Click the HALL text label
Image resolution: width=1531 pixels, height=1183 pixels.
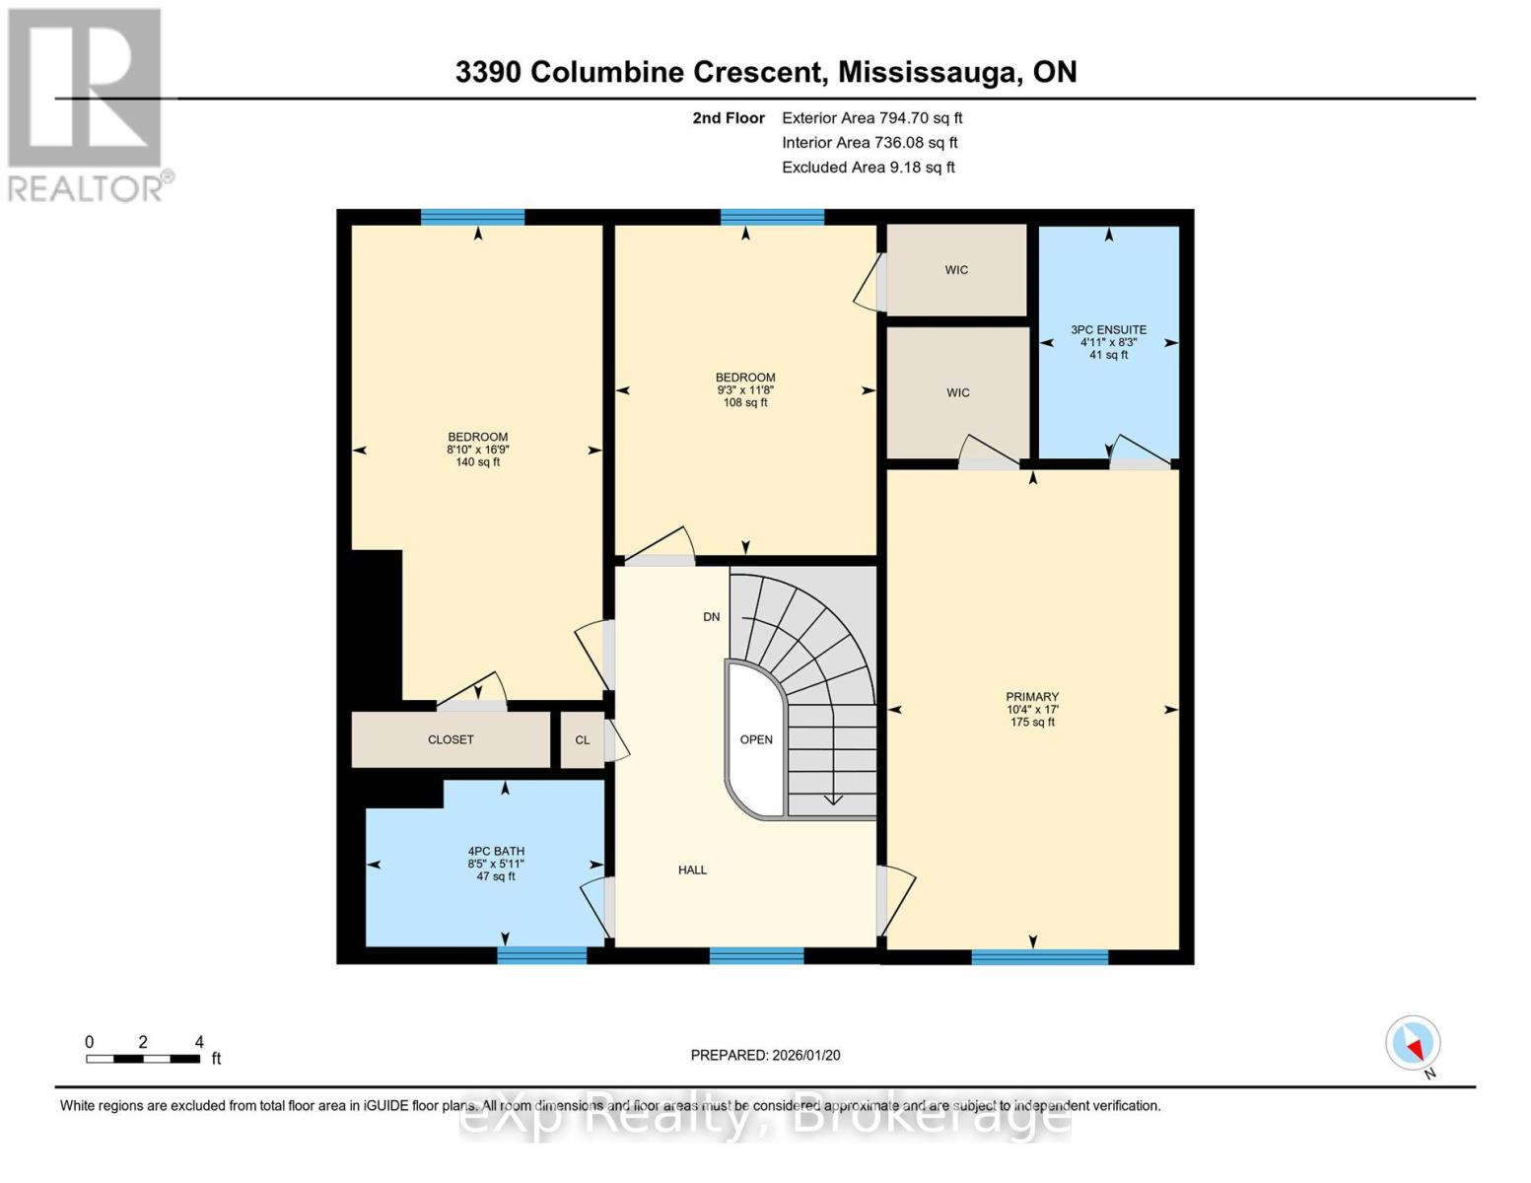[x=692, y=870]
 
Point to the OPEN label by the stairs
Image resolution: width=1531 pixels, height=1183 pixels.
[x=756, y=739]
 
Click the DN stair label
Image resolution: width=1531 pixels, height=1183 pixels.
[x=711, y=617]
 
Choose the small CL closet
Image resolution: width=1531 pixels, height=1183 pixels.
[x=583, y=739]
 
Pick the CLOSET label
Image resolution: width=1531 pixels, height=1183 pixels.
[x=451, y=739]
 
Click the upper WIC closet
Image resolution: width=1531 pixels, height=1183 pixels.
[x=956, y=270]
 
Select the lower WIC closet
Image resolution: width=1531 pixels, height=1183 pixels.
[x=957, y=392]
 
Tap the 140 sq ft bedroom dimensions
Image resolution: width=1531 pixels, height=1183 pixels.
[x=478, y=450]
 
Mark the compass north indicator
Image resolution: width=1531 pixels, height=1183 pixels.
[x=1414, y=1044]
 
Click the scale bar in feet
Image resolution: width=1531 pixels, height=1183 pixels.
[x=144, y=1059]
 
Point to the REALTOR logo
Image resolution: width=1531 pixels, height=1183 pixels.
[x=86, y=104]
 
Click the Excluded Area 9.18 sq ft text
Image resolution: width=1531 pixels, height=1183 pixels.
[x=868, y=168]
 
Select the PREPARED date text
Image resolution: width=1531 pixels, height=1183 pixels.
[x=765, y=1055]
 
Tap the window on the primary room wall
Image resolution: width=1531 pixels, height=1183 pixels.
[x=1039, y=956]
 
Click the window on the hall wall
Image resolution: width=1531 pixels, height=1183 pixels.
[x=756, y=955]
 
